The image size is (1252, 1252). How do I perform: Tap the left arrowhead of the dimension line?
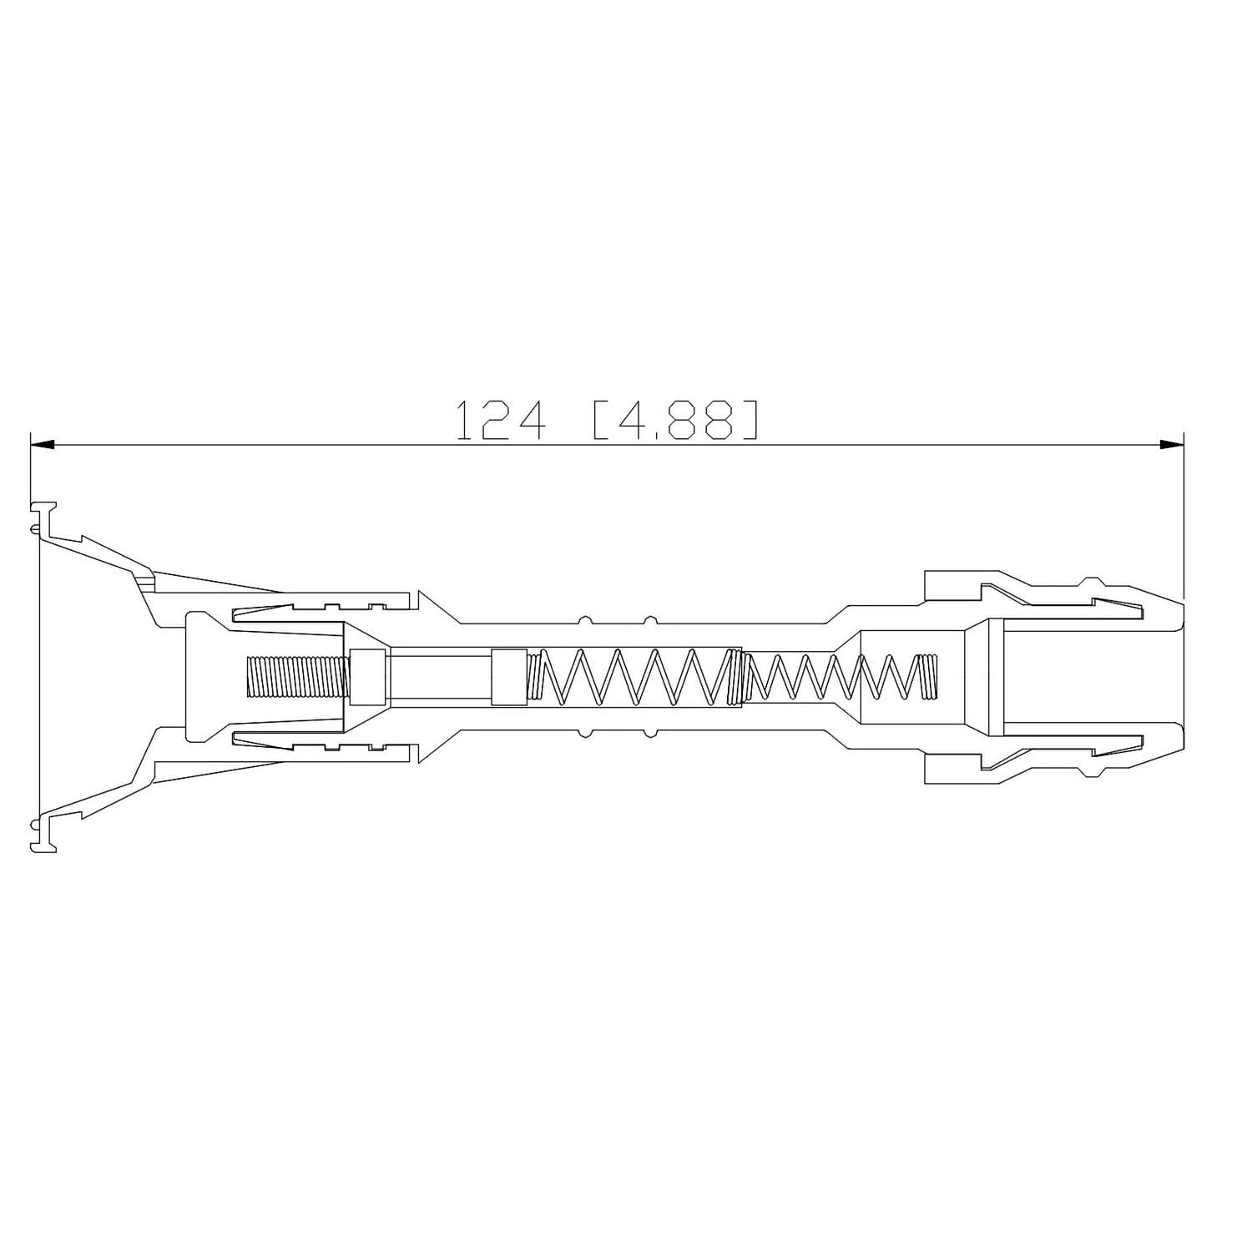(x=43, y=445)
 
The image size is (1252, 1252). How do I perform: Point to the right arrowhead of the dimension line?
(x=1172, y=445)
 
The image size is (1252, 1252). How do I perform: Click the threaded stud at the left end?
(x=296, y=677)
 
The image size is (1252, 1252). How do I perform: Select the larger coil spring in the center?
(x=634, y=677)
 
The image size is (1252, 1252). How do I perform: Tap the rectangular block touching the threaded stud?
(x=367, y=677)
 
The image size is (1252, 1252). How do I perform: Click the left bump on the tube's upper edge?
(x=584, y=619)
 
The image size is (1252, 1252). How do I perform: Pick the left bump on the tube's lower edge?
(x=584, y=734)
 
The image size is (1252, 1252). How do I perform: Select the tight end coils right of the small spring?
(x=926, y=677)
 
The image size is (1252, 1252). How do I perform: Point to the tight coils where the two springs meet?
(x=735, y=677)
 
